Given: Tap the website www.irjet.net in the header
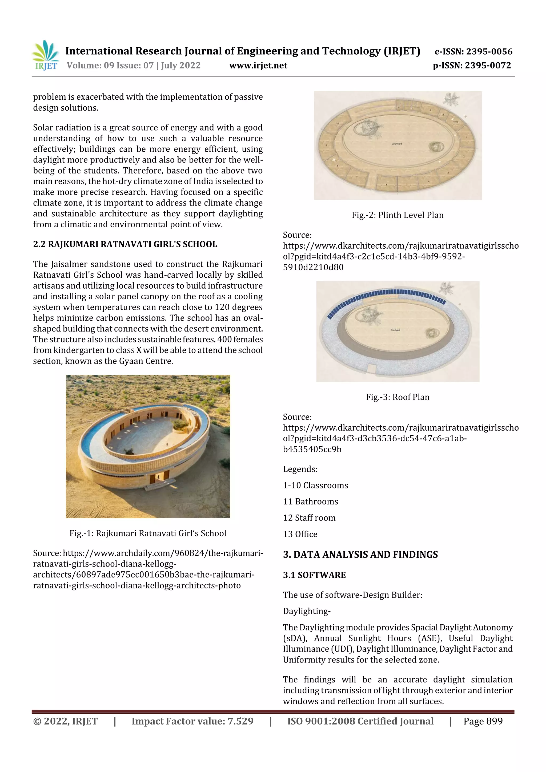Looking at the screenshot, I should pyautogui.click(x=258, y=66).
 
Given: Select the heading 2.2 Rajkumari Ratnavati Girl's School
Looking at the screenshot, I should pyautogui.click(x=125, y=244).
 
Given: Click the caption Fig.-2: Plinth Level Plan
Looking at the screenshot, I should pyautogui.click(x=397, y=215).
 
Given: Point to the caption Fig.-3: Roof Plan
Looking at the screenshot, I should pyautogui.click(x=397, y=397).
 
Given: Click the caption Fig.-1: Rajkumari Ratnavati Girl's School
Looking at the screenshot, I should pyautogui.click(x=148, y=533).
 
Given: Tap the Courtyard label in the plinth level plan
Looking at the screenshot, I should pyautogui.click(x=397, y=144).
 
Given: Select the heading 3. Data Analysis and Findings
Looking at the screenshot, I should pyautogui.click(x=360, y=555).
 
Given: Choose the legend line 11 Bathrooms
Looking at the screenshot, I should pyautogui.click(x=310, y=502).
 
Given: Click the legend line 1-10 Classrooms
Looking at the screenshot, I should pyautogui.click(x=315, y=486).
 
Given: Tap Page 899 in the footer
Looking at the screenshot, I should pyautogui.click(x=483, y=721).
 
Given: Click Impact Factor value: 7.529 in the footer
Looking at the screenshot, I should pyautogui.click(x=192, y=721).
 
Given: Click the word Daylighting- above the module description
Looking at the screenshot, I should pyautogui.click(x=307, y=611).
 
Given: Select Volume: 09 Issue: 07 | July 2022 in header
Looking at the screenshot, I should pyautogui.click(x=134, y=66).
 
